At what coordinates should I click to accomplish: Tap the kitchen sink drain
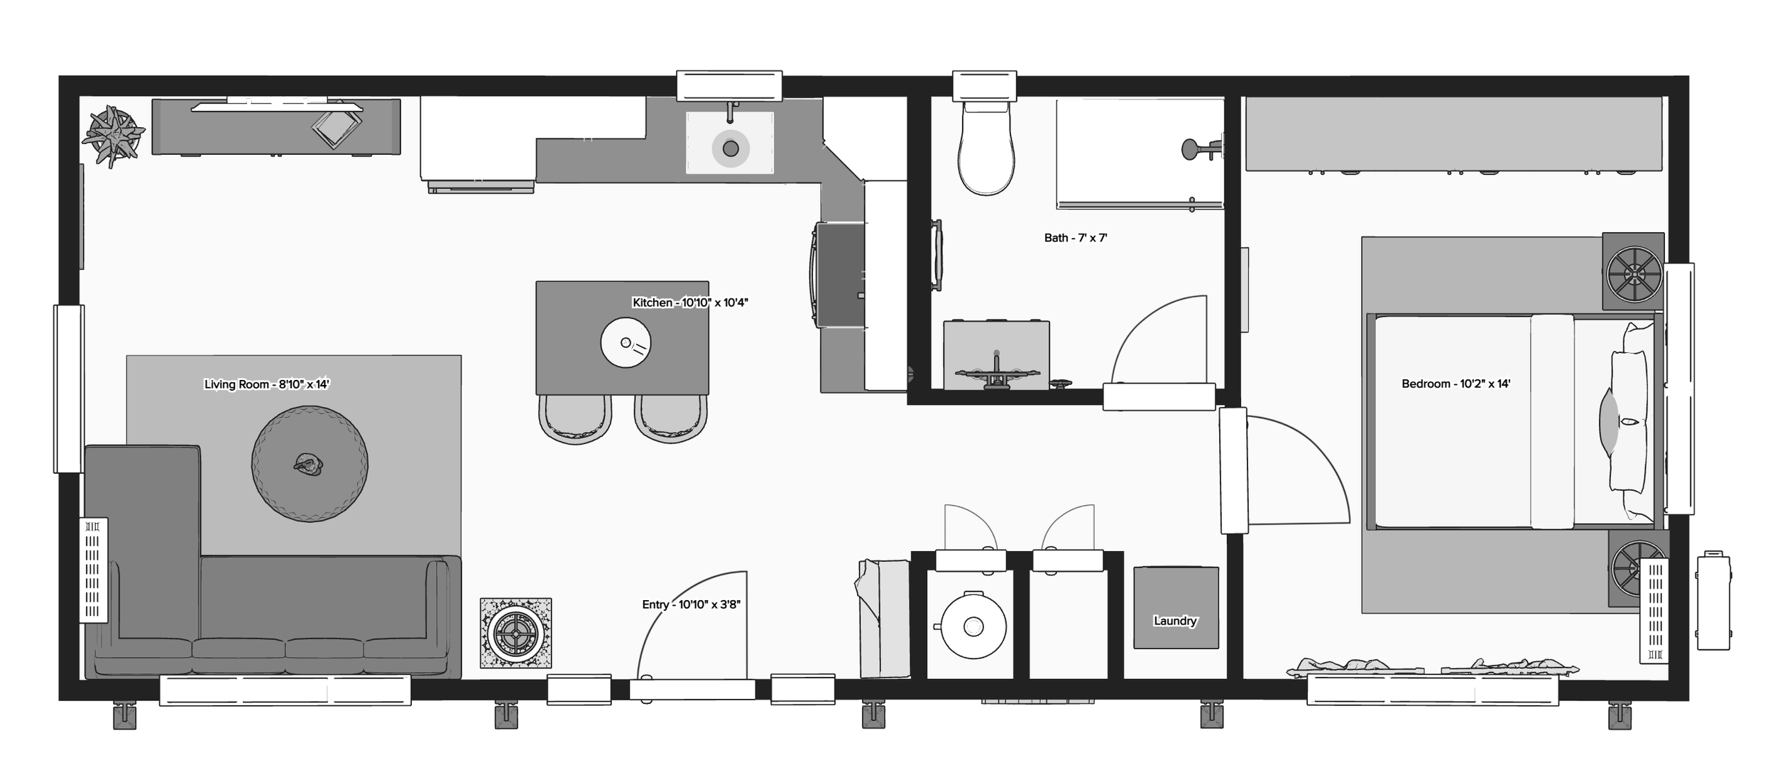731,149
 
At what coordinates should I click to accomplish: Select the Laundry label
1175,621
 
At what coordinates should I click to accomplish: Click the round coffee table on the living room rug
310,465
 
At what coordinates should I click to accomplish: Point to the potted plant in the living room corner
113,135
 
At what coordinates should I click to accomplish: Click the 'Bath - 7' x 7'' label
1075,238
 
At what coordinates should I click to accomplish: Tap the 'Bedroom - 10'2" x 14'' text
1455,384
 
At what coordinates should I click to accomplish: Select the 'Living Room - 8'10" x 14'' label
266,384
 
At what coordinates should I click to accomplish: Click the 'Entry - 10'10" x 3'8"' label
691,604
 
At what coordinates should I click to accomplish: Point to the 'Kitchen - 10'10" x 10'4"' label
689,303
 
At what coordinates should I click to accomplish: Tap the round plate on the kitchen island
626,342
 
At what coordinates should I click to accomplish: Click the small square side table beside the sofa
515,633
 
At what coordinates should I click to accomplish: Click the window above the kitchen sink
729,86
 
